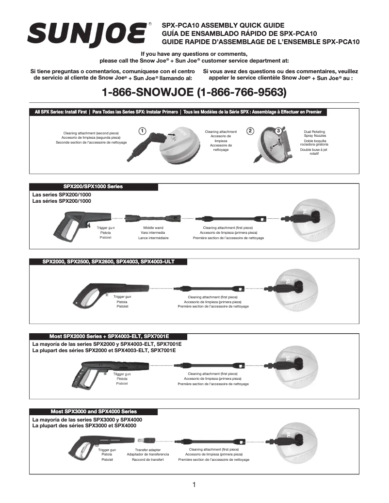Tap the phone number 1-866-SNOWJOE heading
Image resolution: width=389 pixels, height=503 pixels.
[194, 92]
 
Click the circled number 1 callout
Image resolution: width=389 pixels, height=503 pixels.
[142, 131]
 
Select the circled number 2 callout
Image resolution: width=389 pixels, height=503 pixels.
[250, 131]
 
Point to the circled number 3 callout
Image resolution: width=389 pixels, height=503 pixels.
[278, 131]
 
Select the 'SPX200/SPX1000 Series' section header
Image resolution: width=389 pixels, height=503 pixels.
[94, 186]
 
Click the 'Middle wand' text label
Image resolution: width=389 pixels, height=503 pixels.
[153, 227]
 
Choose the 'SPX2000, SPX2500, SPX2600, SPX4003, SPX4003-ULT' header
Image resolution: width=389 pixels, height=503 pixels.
[108, 261]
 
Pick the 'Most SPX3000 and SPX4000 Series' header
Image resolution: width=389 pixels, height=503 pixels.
[94, 411]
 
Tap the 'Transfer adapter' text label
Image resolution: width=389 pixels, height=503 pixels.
[148, 450]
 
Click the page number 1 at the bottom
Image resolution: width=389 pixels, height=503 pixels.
[194, 485]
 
